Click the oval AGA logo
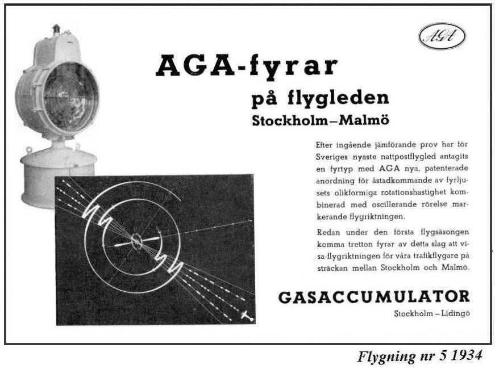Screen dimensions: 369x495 pyautogui.click(x=442, y=37)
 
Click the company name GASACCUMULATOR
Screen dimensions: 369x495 pyautogui.click(x=374, y=297)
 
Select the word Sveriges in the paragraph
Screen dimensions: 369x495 pyautogui.click(x=335, y=156)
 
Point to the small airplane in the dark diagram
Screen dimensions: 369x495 pyautogui.click(x=247, y=315)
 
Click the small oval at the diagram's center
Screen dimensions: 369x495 pyautogui.click(x=137, y=241)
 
